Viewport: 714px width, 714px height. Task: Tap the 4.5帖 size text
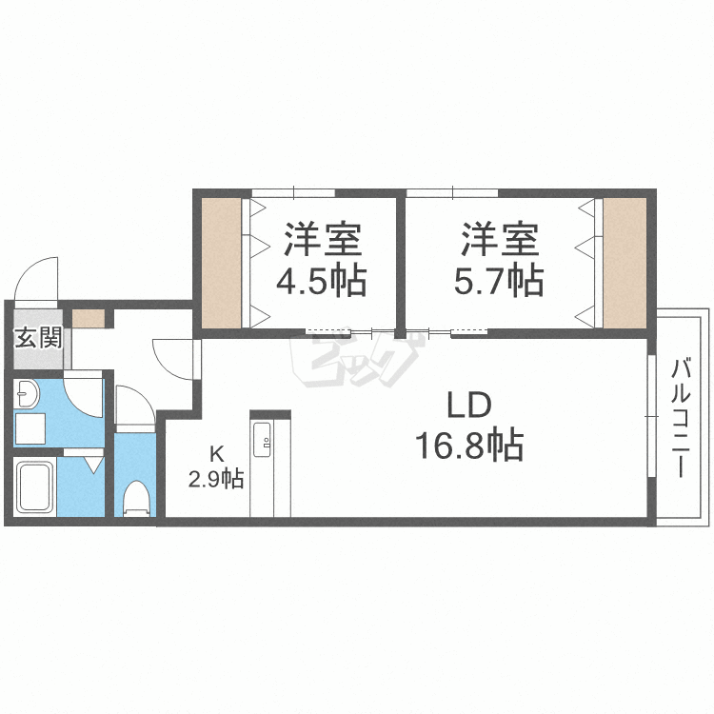pyautogui.click(x=321, y=282)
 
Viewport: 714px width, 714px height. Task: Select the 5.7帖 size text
pyautogui.click(x=498, y=282)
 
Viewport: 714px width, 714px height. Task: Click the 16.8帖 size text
pyautogui.click(x=468, y=445)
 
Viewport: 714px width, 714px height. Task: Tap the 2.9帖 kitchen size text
pyautogui.click(x=216, y=479)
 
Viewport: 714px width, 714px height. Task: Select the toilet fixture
pyautogui.click(x=137, y=497)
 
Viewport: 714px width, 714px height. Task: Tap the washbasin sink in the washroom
pyautogui.click(x=28, y=394)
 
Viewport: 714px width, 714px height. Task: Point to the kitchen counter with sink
pyautogui.click(x=265, y=465)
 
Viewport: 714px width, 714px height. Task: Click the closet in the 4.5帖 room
pyautogui.click(x=222, y=261)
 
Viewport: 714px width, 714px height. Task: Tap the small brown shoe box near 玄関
pyautogui.click(x=89, y=318)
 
